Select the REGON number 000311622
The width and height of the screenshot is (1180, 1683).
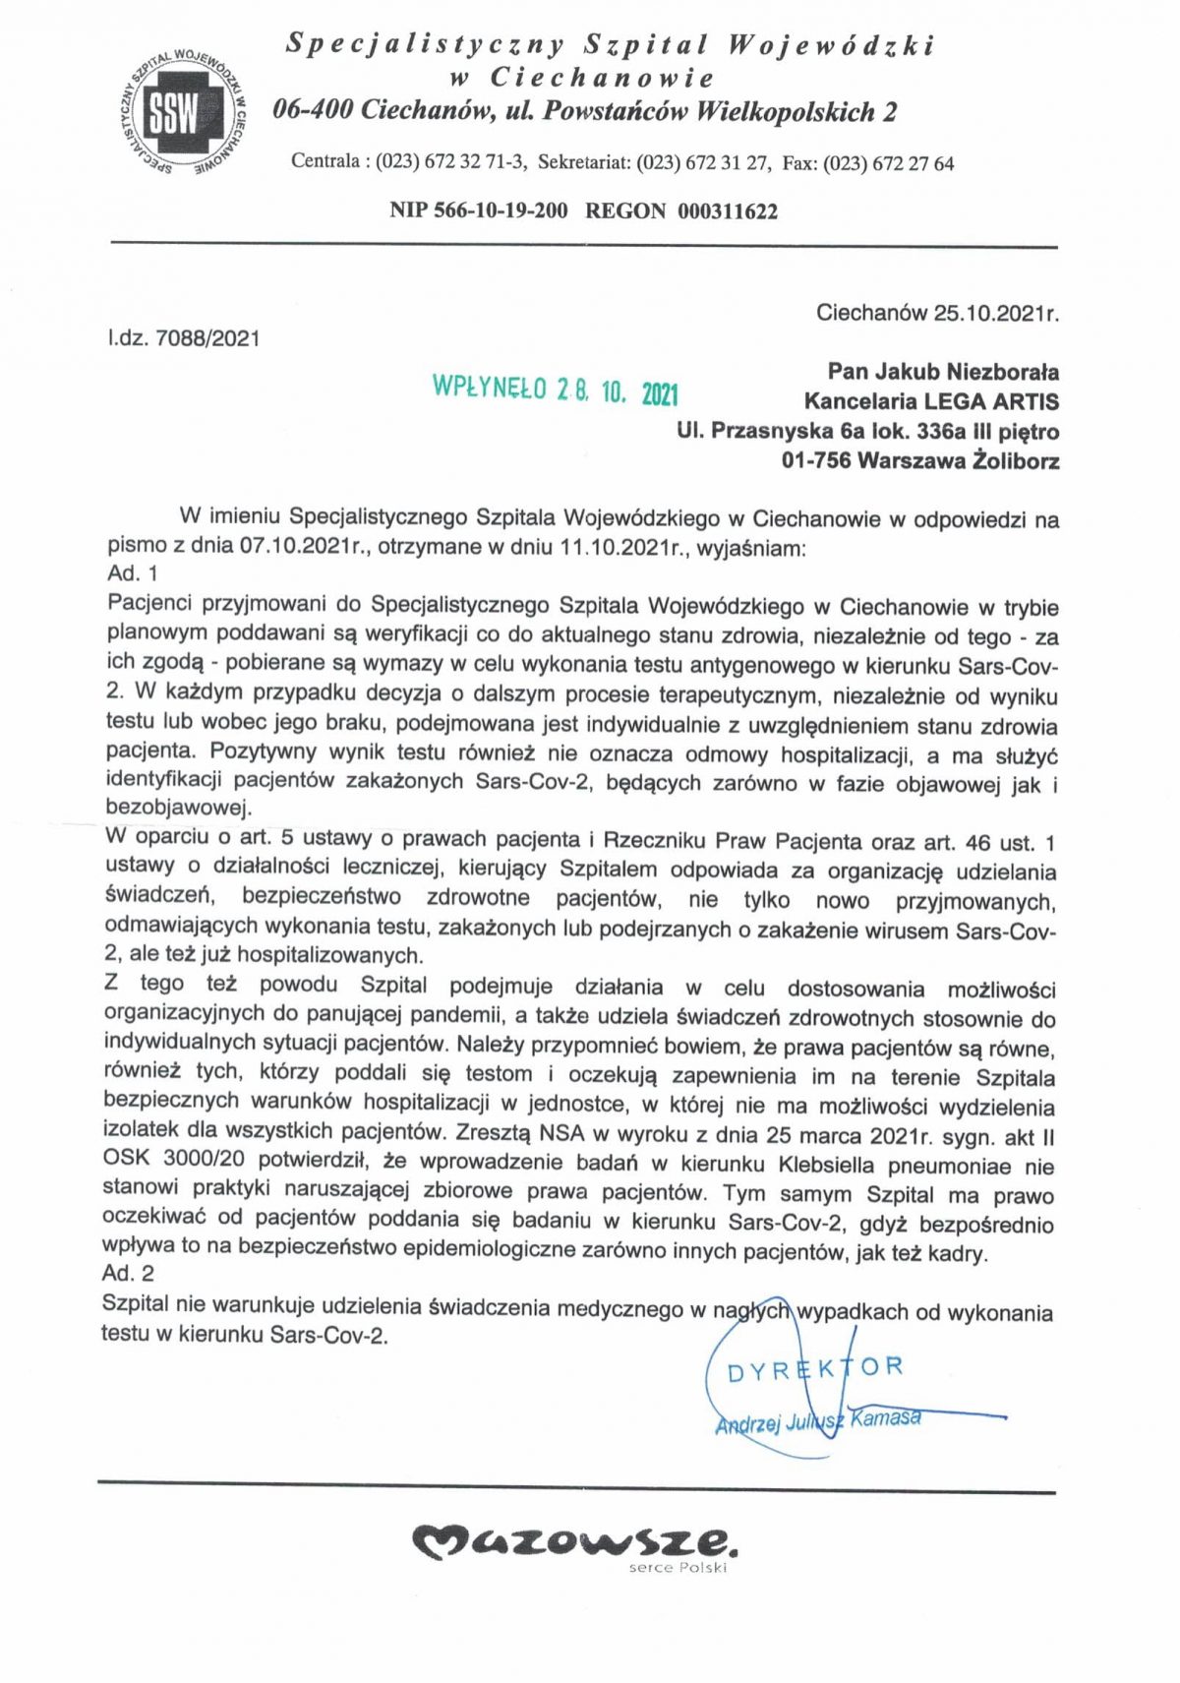[727, 210]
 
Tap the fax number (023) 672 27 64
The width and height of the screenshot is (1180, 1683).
[888, 163]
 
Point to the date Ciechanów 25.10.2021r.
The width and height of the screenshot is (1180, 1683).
[936, 313]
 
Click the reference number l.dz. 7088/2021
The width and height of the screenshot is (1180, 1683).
[184, 339]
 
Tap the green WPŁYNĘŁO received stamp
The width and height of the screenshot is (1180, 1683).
[556, 390]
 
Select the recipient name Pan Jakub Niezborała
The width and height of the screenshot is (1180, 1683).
[942, 372]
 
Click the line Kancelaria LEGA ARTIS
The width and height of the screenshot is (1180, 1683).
[930, 401]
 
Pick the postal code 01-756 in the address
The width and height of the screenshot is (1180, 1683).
[815, 460]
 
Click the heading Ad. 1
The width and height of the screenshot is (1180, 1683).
[132, 573]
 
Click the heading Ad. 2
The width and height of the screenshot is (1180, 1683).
[128, 1274]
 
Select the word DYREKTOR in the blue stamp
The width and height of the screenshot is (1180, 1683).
[814, 1369]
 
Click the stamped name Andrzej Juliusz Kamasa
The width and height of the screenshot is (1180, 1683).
[818, 1420]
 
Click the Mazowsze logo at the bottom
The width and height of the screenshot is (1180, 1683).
[574, 1541]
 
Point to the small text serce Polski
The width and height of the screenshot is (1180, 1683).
[678, 1567]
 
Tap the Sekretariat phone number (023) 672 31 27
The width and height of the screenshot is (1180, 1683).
[702, 163]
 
